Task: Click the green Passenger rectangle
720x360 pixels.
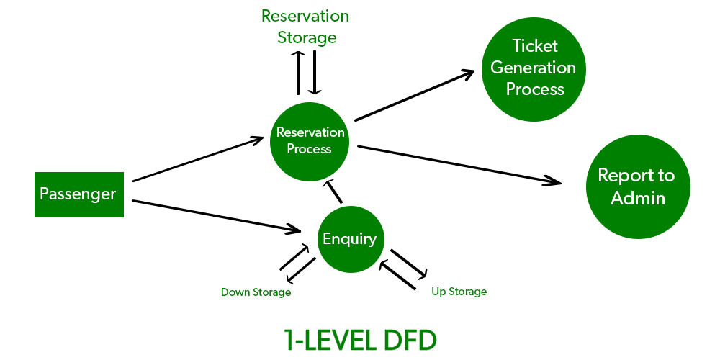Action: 78,194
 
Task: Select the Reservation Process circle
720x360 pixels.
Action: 310,140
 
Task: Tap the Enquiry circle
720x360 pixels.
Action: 350,239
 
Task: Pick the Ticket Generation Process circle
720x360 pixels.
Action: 534,68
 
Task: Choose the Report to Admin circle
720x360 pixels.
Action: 636,186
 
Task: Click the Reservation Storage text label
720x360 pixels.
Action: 305,26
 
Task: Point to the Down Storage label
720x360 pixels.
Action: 256,292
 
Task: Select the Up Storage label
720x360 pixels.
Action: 459,292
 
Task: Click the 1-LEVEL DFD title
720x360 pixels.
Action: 359,338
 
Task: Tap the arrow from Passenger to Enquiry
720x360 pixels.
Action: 216,216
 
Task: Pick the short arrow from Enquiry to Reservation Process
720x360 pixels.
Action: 333,192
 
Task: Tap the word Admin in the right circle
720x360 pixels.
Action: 636,198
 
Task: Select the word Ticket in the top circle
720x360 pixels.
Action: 534,46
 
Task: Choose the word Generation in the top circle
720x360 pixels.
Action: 534,68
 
